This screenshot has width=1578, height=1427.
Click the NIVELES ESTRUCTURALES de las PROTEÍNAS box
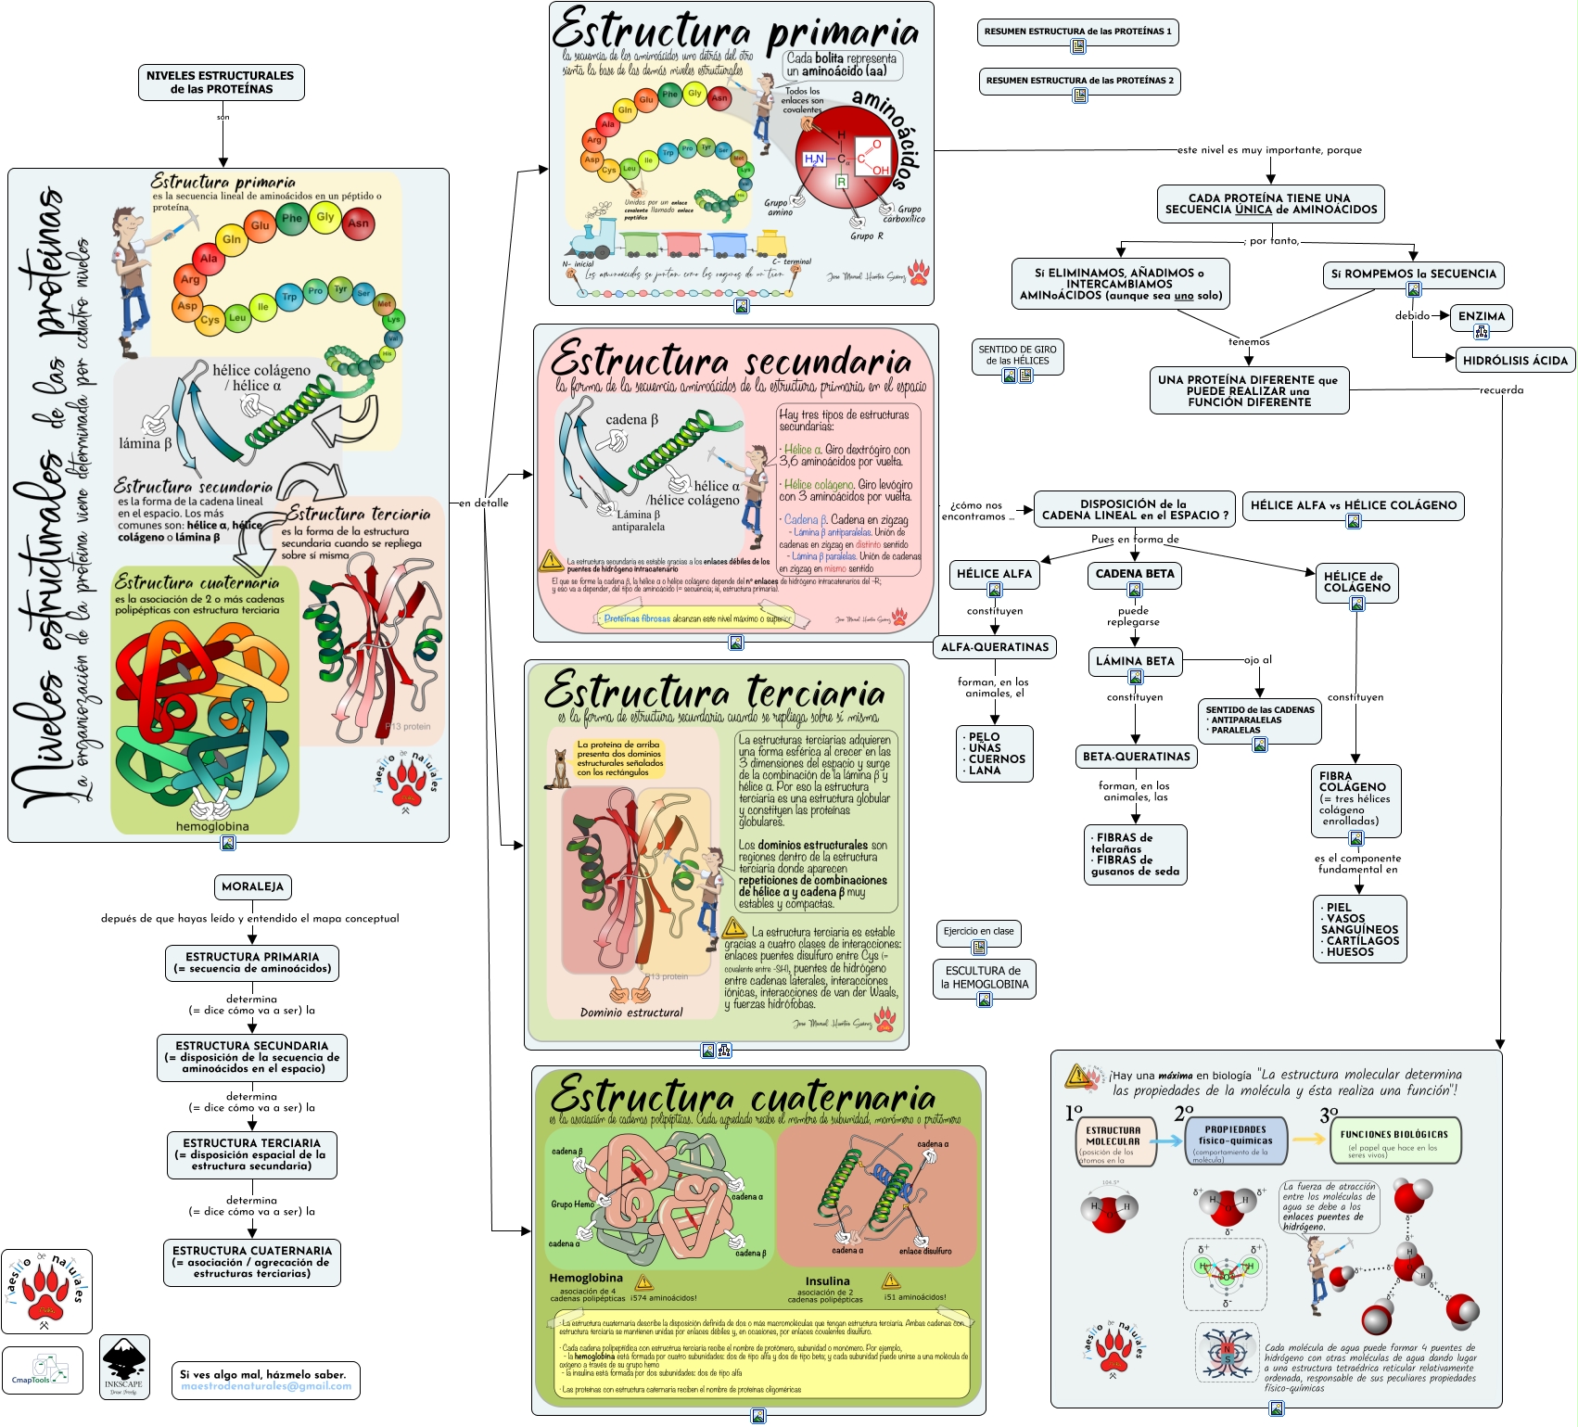pyautogui.click(x=221, y=83)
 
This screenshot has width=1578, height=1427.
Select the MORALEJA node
pyautogui.click(x=252, y=886)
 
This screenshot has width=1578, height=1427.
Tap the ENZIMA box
pyautogui.click(x=1481, y=317)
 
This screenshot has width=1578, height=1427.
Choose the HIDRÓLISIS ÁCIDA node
pyautogui.click(x=1515, y=361)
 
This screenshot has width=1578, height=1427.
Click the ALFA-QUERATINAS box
pyautogui.click(x=995, y=647)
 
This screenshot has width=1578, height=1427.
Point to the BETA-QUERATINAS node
pyautogui.click(x=1136, y=757)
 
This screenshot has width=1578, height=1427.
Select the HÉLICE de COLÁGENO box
pyautogui.click(x=1356, y=582)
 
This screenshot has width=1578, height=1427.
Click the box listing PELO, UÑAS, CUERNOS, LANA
pyautogui.click(x=995, y=754)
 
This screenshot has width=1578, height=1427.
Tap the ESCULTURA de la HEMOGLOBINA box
pyautogui.click(x=985, y=978)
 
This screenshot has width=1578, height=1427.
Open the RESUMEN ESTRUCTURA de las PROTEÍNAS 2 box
pyautogui.click(x=1079, y=81)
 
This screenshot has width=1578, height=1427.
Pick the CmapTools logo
pyautogui.click(x=42, y=1370)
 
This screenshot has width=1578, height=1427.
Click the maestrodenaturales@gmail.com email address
pyautogui.click(x=266, y=1387)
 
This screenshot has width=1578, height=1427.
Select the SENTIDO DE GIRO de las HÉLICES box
pyautogui.click(x=1018, y=356)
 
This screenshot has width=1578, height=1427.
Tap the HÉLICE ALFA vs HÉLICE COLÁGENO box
pyautogui.click(x=1353, y=506)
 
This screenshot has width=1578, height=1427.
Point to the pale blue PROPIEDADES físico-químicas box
pyautogui.click(x=1236, y=1140)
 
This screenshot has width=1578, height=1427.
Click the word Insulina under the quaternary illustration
pyautogui.click(x=827, y=1281)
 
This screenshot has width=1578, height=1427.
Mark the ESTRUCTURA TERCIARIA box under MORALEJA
pyautogui.click(x=251, y=1154)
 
